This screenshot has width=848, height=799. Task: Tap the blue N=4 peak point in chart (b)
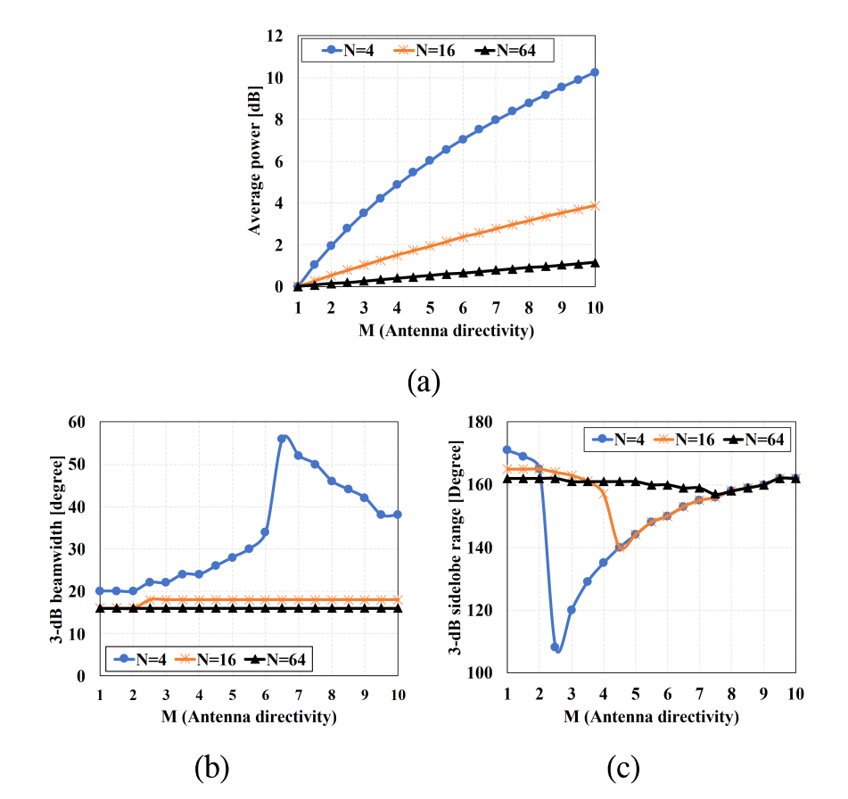pyautogui.click(x=282, y=439)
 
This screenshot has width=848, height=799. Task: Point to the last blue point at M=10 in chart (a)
pyautogui.click(x=595, y=72)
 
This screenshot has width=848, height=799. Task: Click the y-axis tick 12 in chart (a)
pyautogui.click(x=276, y=36)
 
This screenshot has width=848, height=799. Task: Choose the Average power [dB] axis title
pyautogui.click(x=255, y=161)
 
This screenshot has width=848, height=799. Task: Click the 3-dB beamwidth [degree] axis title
pyautogui.click(x=55, y=548)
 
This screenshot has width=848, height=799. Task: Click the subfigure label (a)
pyautogui.click(x=424, y=383)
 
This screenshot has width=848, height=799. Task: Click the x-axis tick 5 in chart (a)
pyautogui.click(x=429, y=306)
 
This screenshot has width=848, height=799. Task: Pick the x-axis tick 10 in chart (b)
pyautogui.click(x=397, y=694)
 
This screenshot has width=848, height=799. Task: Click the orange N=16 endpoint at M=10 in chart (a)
pyautogui.click(x=595, y=206)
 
